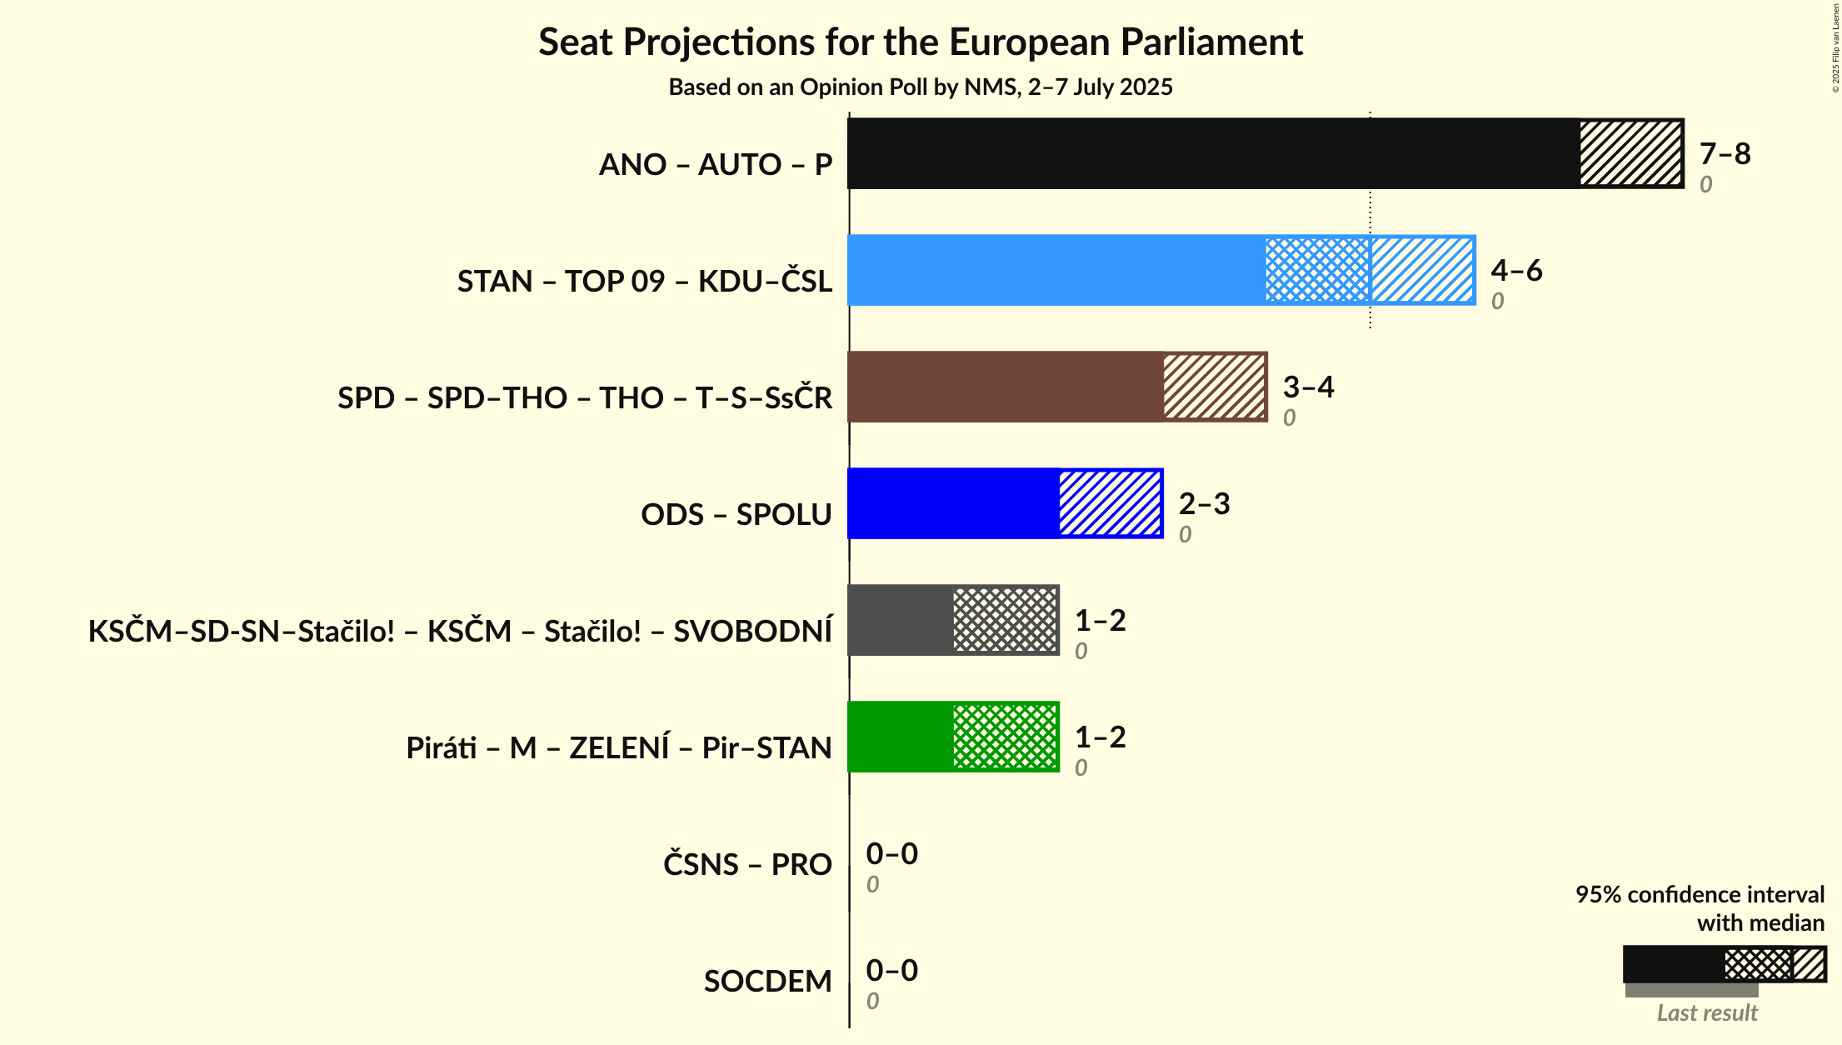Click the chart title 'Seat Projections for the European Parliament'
point(920,42)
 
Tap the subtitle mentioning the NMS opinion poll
point(920,87)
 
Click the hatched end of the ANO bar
point(1630,153)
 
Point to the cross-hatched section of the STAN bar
point(1317,270)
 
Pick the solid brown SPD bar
point(1005,387)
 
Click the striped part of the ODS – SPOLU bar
point(1110,503)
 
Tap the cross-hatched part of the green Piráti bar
point(1005,737)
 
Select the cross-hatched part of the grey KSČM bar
point(1005,620)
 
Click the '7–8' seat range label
point(1725,153)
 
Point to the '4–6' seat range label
point(1516,270)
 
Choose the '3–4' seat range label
point(1308,387)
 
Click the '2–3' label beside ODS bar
point(1204,503)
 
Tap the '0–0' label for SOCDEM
point(891,970)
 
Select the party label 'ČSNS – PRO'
point(747,865)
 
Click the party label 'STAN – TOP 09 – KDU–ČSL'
point(644,282)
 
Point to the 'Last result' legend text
point(1706,1012)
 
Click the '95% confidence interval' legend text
point(1700,894)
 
